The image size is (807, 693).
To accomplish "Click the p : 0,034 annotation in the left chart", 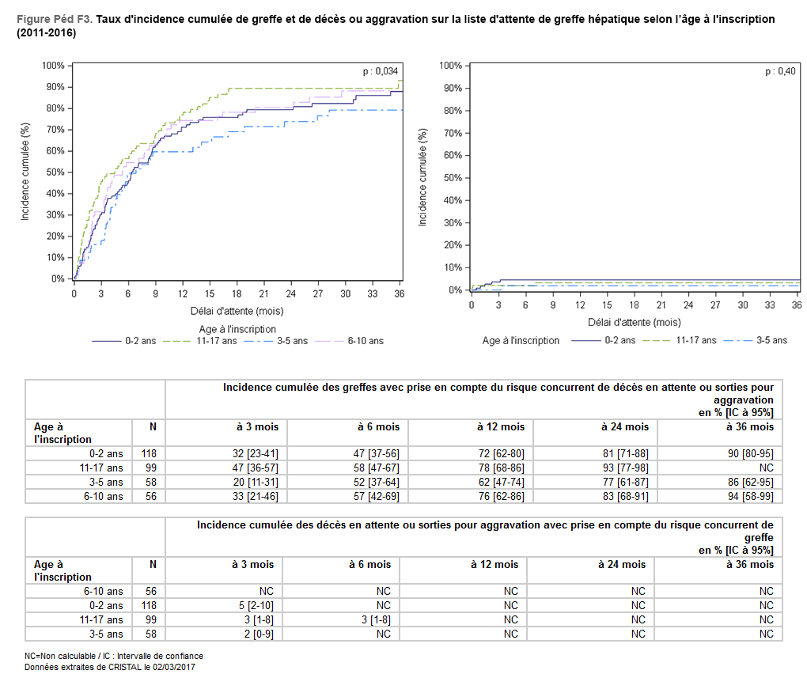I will point(380,71).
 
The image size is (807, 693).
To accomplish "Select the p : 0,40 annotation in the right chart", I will point(780,71).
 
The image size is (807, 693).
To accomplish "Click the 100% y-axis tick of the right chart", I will point(449,65).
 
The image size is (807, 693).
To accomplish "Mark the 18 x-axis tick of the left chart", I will point(237,293).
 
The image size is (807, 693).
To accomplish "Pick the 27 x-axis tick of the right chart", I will point(714,305).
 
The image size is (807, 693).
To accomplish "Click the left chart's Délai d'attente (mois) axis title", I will point(237,311).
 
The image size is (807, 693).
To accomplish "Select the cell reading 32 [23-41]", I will point(257,453).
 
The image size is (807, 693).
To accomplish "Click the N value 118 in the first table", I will point(148,453).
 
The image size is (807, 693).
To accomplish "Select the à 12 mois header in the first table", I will point(501,426).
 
